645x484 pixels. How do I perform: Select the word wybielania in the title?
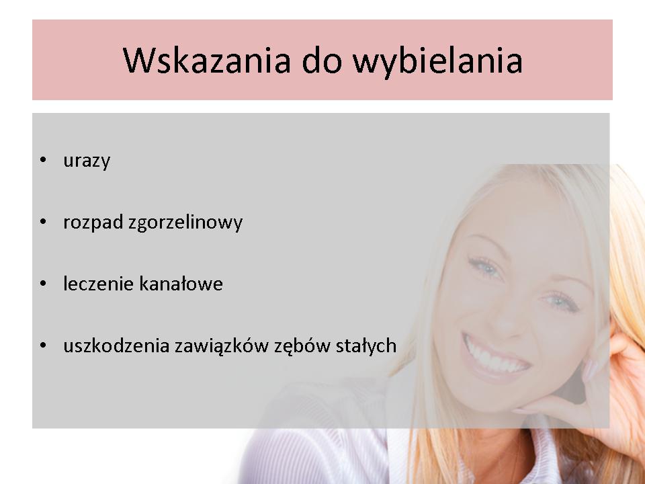pos(437,61)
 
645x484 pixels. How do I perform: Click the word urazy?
pos(87,161)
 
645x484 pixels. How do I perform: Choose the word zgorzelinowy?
pos(185,223)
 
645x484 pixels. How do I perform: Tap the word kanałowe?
pos(181,284)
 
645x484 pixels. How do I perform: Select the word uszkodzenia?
pos(116,346)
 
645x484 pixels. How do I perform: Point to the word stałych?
pos(366,346)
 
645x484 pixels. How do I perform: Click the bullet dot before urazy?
pos(43,160)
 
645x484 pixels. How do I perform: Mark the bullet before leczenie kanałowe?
pos(43,283)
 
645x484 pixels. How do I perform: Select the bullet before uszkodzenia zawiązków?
pos(43,345)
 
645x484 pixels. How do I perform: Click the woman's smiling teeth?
pos(495,356)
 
